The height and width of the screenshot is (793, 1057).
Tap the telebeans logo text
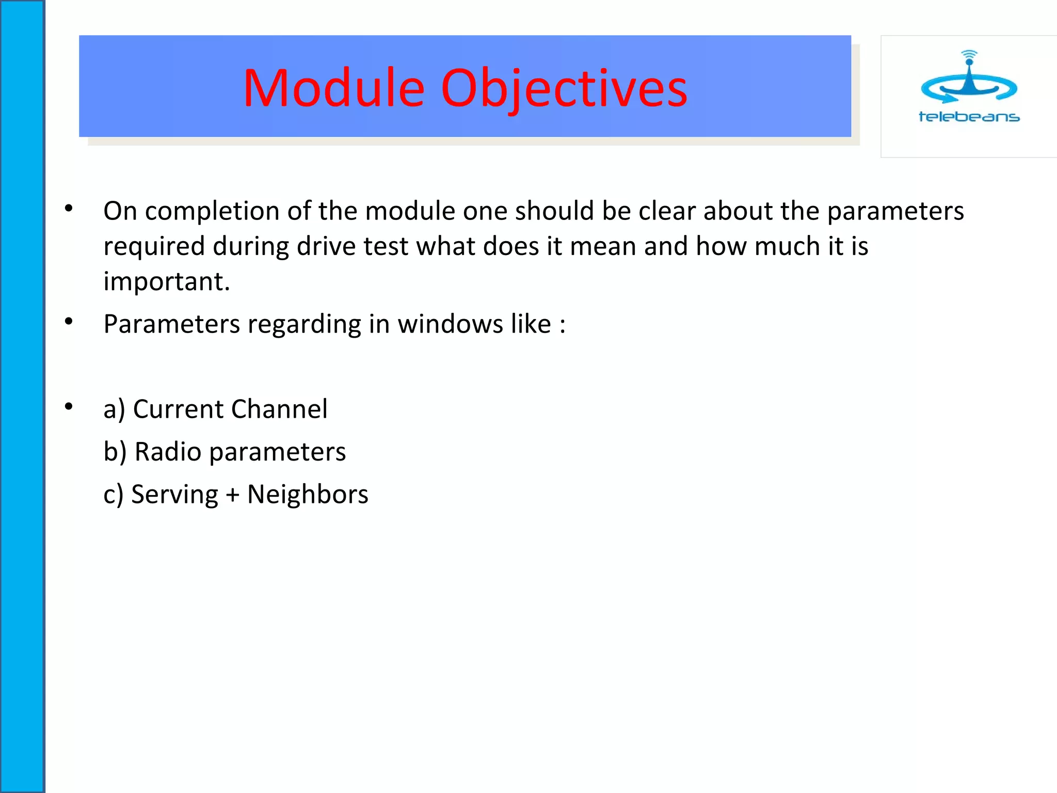[969, 117]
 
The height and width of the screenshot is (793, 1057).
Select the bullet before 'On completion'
[69, 209]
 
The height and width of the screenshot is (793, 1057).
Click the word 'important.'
[166, 281]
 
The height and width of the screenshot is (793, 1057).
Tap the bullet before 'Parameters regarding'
[69, 322]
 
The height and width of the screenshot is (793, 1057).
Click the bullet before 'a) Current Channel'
[69, 407]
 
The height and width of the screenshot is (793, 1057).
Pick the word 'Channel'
[279, 409]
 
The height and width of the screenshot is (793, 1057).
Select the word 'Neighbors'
[308, 494]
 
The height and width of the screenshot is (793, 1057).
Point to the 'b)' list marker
[115, 452]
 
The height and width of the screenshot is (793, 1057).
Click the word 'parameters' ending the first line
[895, 211]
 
